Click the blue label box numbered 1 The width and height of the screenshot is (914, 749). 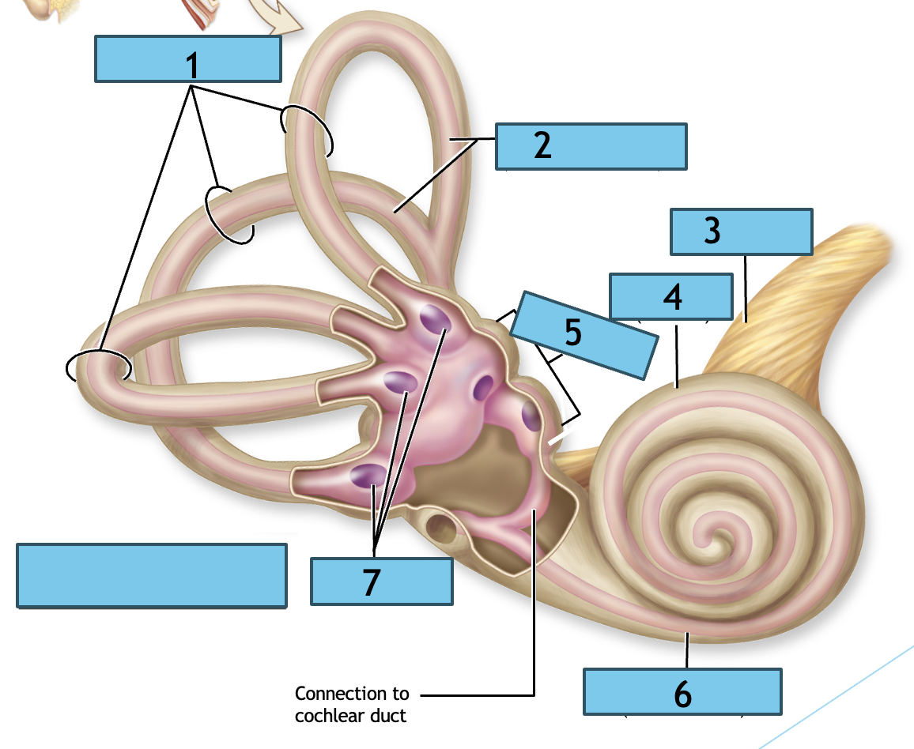[188, 59]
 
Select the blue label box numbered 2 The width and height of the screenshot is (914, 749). [591, 146]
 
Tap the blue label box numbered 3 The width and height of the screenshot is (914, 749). [741, 231]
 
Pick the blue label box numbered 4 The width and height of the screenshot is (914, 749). [670, 297]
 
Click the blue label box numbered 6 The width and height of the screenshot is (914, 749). [682, 691]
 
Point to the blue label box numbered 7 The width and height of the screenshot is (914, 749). [381, 582]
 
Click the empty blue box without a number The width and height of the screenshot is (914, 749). [151, 576]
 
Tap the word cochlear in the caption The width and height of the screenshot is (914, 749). [323, 716]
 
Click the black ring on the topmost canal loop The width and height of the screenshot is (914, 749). [307, 130]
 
